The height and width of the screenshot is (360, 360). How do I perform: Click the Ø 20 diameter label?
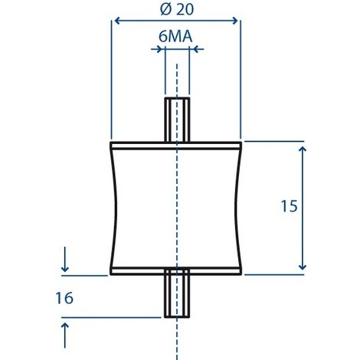177,9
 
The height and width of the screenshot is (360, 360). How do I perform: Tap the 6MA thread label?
175,36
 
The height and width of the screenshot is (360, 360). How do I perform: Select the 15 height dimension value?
290,206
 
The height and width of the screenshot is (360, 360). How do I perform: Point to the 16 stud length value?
64,298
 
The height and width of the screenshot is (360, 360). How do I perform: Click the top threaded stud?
177,119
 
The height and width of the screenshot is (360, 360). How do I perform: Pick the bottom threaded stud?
177,293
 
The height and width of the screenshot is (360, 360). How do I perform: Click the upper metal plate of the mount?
176,146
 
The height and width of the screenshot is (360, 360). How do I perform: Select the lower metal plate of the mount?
176,271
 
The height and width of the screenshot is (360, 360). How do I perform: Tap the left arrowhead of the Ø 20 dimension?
117,21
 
